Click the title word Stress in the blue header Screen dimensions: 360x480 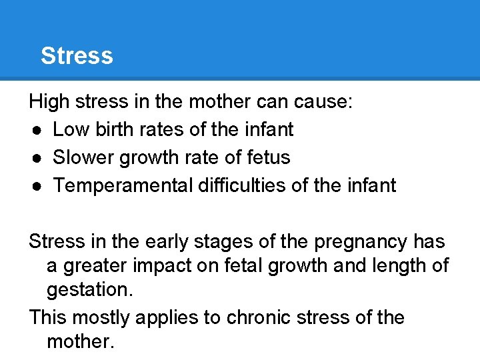point(77,55)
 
